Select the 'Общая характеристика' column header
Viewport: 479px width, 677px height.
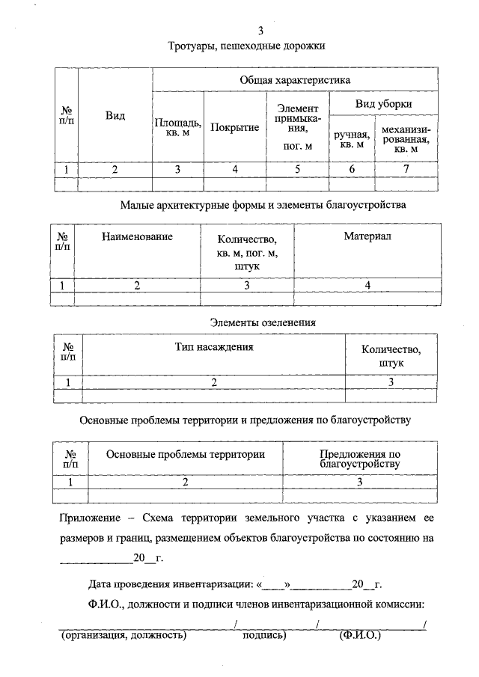click(x=295, y=79)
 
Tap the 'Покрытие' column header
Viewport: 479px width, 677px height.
click(x=234, y=127)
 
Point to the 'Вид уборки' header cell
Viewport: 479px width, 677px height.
click(x=383, y=103)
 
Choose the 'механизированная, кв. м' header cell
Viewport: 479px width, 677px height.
click(x=406, y=138)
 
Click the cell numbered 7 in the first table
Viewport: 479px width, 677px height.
click(x=406, y=169)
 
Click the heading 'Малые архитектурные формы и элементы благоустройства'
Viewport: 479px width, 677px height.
click(x=262, y=204)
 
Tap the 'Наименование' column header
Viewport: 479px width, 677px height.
click(x=137, y=236)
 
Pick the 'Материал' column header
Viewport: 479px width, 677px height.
click(x=367, y=236)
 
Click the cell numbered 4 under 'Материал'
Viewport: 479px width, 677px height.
click(x=367, y=285)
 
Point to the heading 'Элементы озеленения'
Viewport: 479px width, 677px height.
click(x=261, y=322)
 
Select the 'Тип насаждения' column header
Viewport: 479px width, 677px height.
click(x=214, y=346)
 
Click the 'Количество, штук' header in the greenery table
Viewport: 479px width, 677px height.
click(x=391, y=355)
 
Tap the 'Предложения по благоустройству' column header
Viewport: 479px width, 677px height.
click(x=360, y=459)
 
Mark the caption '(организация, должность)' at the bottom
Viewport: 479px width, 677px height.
click(x=123, y=636)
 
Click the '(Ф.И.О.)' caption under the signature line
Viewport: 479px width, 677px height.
click(x=360, y=636)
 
